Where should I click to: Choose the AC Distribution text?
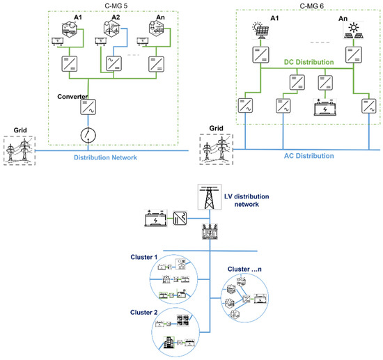click(301, 157)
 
